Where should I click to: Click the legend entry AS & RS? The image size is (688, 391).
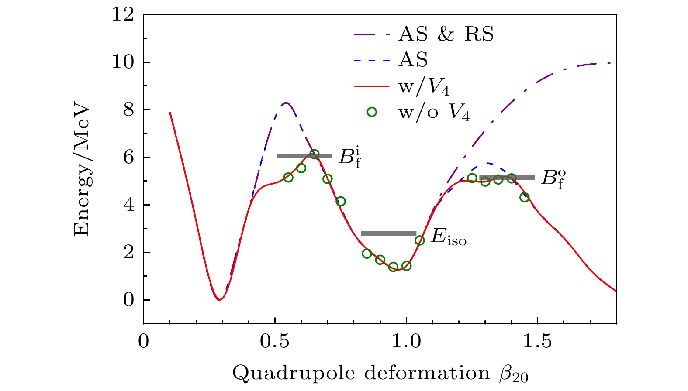[446, 34]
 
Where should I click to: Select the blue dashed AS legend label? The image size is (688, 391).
[413, 60]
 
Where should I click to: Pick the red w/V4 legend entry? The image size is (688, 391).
[423, 87]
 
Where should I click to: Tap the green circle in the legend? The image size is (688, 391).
[372, 112]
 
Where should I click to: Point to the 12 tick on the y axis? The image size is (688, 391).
[123, 15]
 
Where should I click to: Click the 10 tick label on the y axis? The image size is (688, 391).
[123, 62]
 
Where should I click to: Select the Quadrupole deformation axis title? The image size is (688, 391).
[380, 374]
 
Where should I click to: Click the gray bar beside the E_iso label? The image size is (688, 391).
[388, 233]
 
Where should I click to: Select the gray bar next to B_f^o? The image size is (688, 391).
[507, 178]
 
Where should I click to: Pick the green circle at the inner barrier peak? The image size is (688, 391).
[315, 154]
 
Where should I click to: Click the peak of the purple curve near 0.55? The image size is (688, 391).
[286, 103]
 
